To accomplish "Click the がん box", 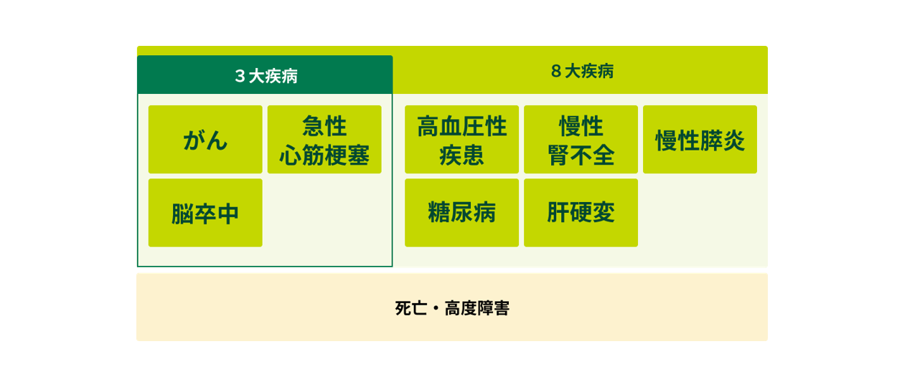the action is [205, 139].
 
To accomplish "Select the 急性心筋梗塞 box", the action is [324, 139].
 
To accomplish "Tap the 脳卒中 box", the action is [205, 213].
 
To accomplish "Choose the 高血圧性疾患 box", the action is [461, 139].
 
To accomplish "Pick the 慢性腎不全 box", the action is [581, 139].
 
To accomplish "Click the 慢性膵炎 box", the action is [700, 139].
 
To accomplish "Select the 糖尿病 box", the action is [461, 213].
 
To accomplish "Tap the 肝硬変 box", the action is [581, 213].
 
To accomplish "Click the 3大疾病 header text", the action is [266, 76].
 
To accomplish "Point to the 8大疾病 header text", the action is [582, 71].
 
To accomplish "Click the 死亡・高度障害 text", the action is [452, 308].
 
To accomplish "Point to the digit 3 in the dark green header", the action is [240, 76].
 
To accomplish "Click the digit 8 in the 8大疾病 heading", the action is [556, 71].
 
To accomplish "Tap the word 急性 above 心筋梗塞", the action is [324, 125].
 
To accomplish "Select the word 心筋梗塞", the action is [324, 155].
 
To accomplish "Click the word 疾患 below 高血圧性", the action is [461, 155].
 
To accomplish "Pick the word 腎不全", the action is [581, 155].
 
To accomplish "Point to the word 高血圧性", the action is [461, 125].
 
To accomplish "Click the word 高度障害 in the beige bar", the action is [477, 308].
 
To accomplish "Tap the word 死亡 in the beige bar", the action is [411, 308].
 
